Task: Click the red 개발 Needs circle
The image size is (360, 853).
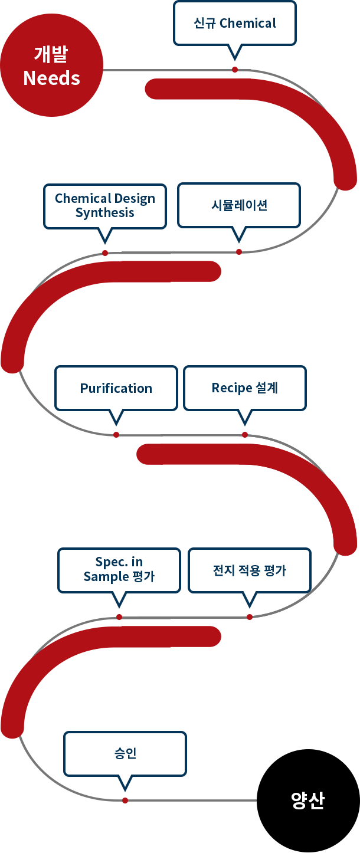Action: tap(52, 65)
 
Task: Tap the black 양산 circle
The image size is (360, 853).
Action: tap(308, 800)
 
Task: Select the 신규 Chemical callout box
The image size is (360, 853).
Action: tap(235, 23)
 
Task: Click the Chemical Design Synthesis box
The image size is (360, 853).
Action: tap(105, 206)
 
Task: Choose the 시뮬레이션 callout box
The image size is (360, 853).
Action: tap(239, 206)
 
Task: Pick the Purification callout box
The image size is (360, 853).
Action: tap(116, 388)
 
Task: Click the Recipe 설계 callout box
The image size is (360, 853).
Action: tap(245, 388)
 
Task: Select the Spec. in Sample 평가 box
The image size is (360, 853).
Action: tap(119, 570)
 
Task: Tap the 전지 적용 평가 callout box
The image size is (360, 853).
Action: tap(250, 570)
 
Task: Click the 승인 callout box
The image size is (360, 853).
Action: tap(125, 754)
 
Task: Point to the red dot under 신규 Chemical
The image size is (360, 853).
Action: tap(235, 70)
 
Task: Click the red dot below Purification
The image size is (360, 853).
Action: tap(116, 435)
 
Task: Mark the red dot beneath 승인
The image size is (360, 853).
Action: tap(125, 800)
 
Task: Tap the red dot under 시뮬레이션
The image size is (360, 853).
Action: tap(239, 252)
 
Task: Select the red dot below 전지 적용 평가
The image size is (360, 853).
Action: tap(250, 617)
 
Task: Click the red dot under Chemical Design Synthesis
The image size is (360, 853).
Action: tap(105, 253)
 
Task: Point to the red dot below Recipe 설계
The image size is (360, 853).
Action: tap(245, 435)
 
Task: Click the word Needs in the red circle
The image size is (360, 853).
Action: tap(52, 78)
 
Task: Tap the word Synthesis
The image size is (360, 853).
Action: tap(105, 213)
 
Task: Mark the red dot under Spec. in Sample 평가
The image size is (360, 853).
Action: tap(119, 617)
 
